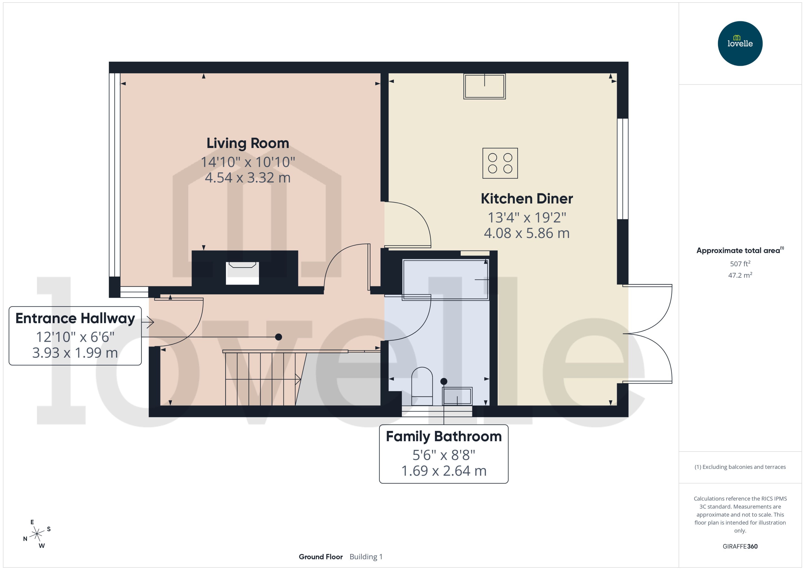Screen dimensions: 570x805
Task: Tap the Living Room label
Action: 248,143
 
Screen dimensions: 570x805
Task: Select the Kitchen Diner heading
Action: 526,199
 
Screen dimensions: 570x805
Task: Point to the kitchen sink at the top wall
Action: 484,86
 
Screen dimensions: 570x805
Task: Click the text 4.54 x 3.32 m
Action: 248,178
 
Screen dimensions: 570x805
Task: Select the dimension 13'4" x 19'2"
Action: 526,218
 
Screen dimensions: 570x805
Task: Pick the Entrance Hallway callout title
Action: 75,318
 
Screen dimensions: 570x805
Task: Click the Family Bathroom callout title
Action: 444,436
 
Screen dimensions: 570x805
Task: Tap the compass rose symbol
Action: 37,534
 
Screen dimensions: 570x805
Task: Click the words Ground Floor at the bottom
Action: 321,557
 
